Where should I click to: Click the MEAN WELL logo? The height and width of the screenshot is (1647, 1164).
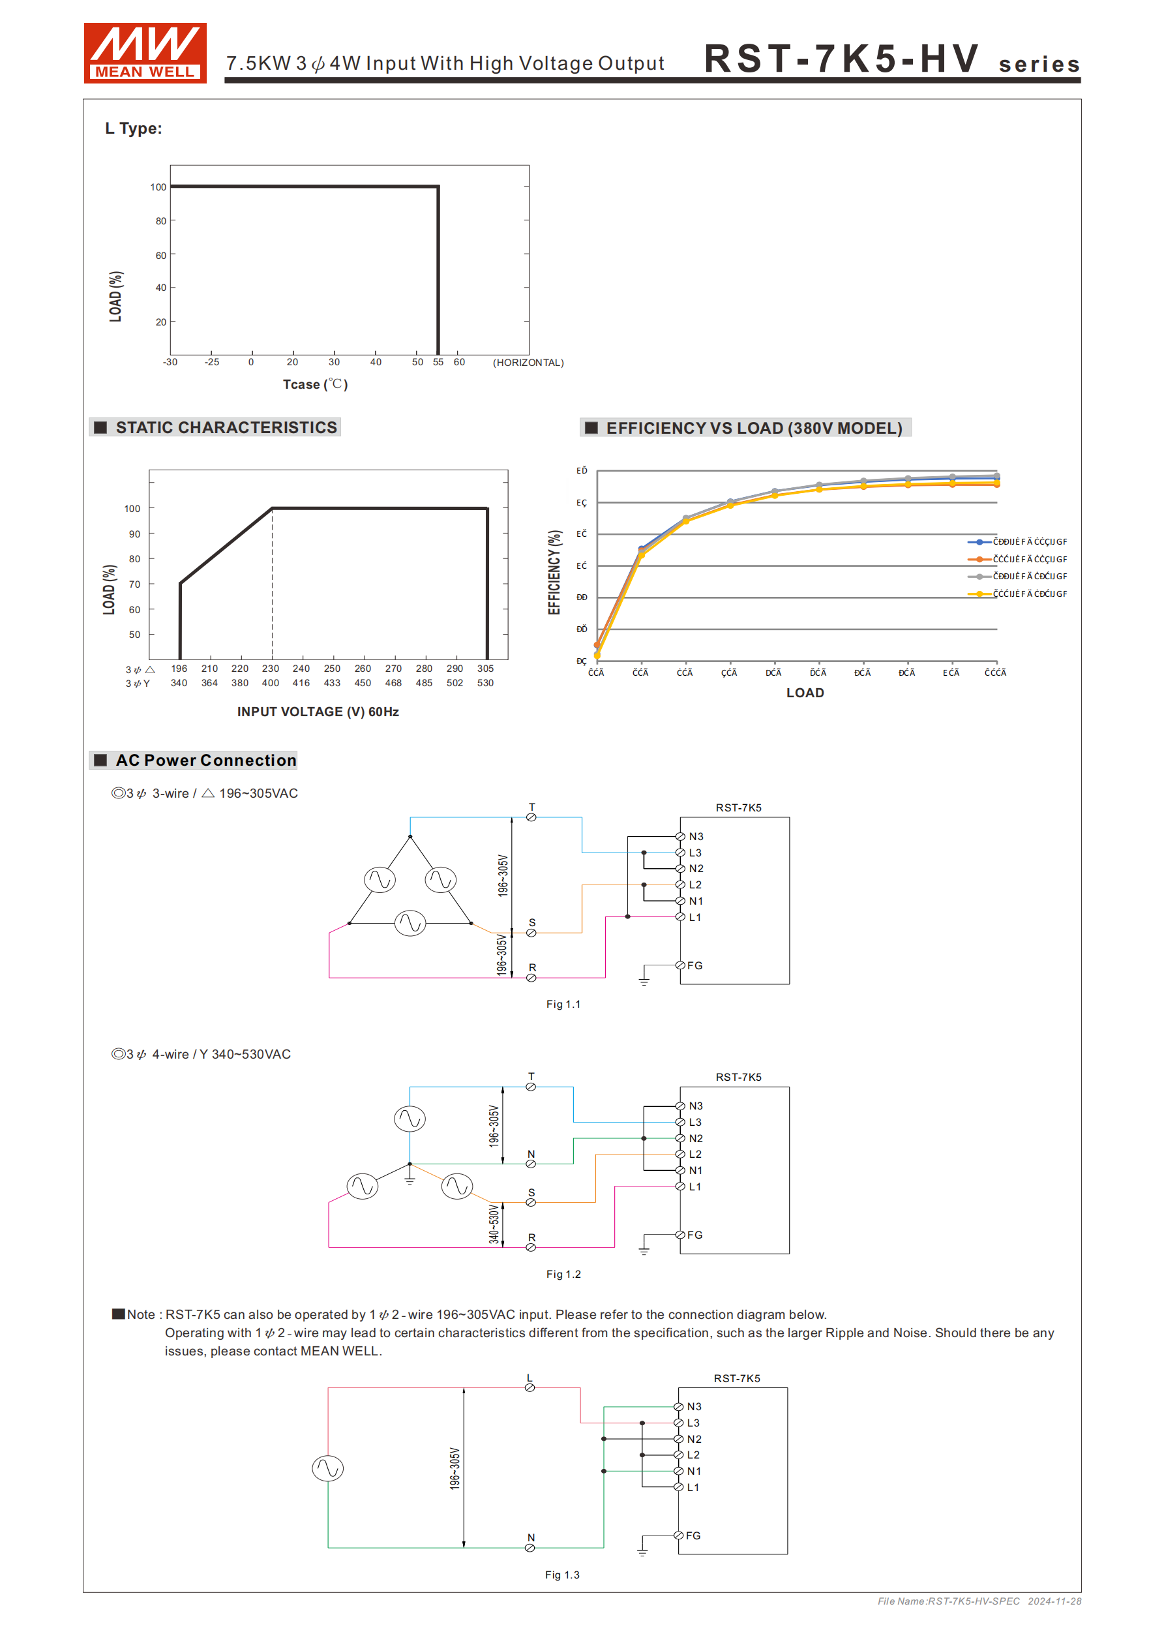tap(145, 53)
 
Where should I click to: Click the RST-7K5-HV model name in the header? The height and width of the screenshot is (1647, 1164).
tap(841, 59)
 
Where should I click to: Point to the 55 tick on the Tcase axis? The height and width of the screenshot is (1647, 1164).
tap(438, 362)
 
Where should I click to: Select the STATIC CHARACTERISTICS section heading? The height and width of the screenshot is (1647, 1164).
tap(225, 427)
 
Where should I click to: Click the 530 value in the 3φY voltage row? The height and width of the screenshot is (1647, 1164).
tap(486, 683)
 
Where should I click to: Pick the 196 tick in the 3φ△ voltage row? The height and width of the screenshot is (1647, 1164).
tap(179, 669)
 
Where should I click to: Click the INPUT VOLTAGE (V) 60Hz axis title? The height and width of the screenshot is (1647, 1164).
tap(318, 712)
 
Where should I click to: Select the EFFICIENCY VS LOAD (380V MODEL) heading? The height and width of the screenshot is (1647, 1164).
tap(753, 429)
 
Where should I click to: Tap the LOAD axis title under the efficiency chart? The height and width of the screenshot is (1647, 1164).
tap(805, 693)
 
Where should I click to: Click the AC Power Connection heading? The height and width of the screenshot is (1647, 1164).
tap(205, 761)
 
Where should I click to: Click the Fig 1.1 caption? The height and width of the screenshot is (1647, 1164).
tap(563, 1005)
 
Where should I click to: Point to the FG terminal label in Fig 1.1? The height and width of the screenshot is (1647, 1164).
tap(694, 965)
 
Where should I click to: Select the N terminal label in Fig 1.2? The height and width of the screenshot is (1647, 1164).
tap(531, 1154)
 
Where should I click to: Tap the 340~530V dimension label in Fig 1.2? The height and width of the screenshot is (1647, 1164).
tap(494, 1224)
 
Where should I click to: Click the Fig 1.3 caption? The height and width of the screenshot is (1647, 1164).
tap(561, 1575)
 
